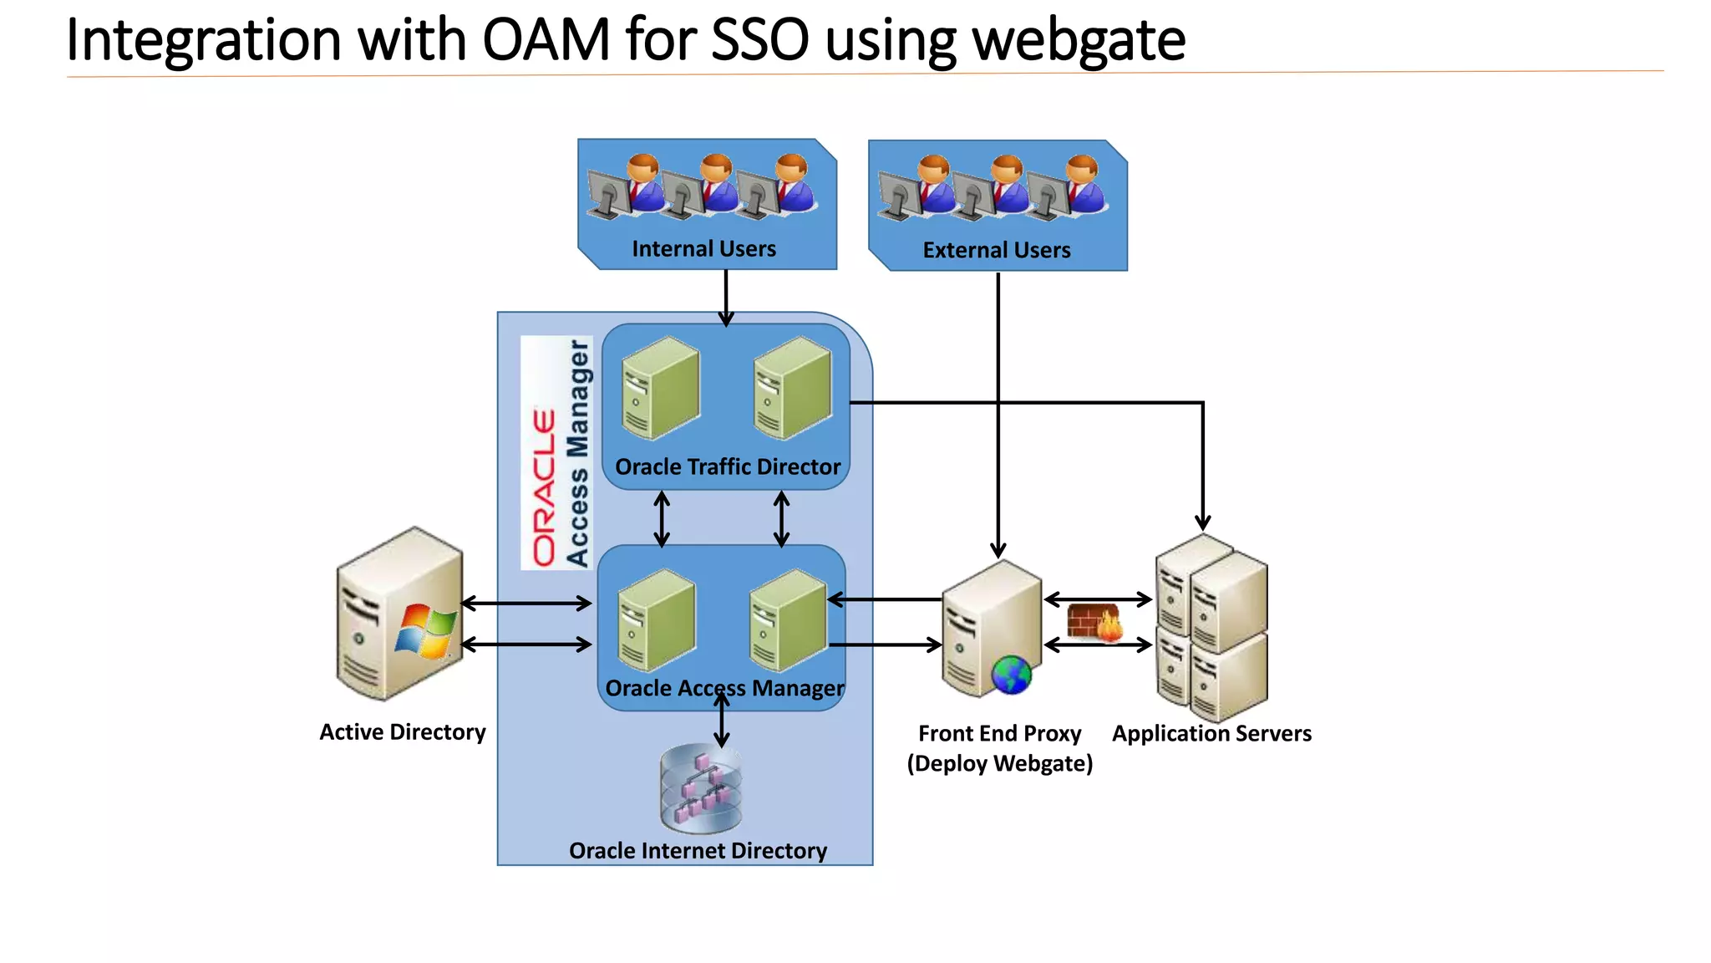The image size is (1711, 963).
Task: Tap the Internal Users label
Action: click(x=703, y=249)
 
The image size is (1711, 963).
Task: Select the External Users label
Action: click(x=996, y=250)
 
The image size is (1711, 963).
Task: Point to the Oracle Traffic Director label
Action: click(x=727, y=466)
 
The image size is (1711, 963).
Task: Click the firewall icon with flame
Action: click(x=1095, y=623)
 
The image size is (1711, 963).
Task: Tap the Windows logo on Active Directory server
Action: click(x=425, y=630)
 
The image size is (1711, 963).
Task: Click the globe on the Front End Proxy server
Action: click(x=1012, y=675)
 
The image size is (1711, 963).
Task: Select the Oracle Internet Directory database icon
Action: click(x=700, y=788)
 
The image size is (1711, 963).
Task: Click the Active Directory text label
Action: click(x=402, y=732)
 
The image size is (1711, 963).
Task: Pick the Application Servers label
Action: click(x=1211, y=734)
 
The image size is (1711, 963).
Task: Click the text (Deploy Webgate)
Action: click(x=999, y=764)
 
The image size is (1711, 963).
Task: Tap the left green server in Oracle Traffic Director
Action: click(x=660, y=388)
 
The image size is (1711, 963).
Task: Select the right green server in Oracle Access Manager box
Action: click(x=787, y=619)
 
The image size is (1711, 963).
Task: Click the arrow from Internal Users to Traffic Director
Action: click(x=726, y=297)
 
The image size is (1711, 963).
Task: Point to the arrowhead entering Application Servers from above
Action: click(x=1202, y=522)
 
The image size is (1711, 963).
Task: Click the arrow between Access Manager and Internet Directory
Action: click(x=722, y=722)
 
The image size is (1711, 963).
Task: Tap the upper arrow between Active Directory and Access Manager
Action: click(x=526, y=603)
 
